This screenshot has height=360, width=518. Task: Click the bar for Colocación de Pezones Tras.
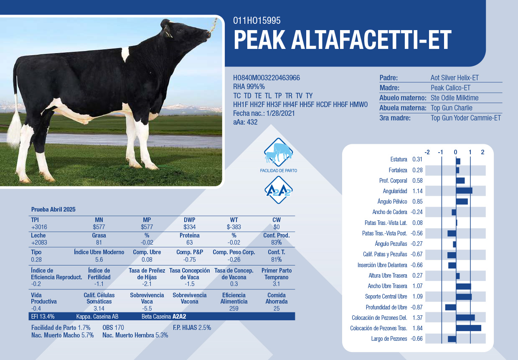point(469,328)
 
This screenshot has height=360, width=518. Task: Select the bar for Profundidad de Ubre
point(451,307)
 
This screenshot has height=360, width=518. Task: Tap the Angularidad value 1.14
point(417,191)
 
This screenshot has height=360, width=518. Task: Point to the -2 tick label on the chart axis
point(427,152)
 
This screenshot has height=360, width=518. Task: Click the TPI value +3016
point(39,227)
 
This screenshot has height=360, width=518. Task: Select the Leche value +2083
point(39,243)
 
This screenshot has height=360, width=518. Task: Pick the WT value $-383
point(234,227)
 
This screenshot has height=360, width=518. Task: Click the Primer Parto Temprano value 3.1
point(277,284)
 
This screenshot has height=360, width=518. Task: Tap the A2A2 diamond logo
point(279,190)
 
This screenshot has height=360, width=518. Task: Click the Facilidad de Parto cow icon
point(278,152)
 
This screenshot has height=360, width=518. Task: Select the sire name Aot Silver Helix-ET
point(455,78)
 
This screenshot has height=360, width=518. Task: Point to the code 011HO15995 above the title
point(256,20)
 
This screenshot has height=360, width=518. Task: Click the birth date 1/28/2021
point(280,113)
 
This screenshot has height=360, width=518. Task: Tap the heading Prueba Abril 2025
point(53,209)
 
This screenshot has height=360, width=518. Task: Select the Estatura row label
point(399,159)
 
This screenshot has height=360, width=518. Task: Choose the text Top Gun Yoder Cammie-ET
point(465,118)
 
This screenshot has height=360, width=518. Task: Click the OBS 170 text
point(113,327)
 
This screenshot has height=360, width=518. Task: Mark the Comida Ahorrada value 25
point(277,309)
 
